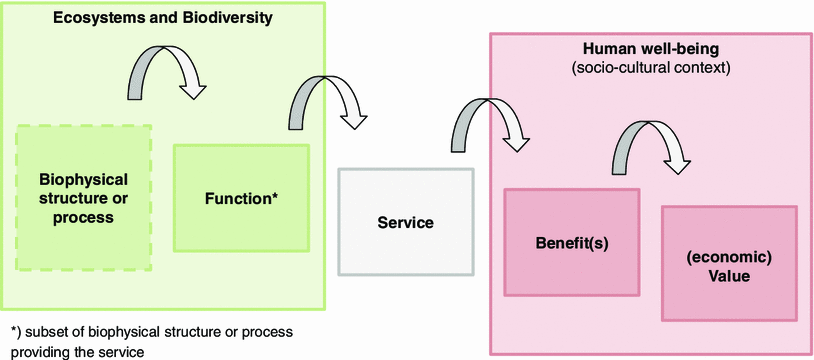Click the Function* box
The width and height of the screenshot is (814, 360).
[241, 197]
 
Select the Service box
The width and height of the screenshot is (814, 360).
[405, 221]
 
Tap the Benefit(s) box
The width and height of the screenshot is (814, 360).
[571, 241]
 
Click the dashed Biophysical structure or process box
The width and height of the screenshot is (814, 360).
[84, 198]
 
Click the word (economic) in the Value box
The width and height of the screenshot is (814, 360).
[729, 254]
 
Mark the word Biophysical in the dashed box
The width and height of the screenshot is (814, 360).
[84, 180]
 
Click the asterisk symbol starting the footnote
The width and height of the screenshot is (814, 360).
[14, 331]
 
